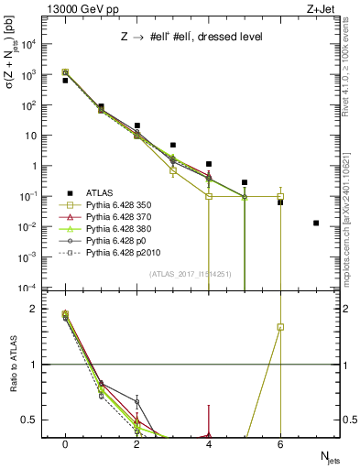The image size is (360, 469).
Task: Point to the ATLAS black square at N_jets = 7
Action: point(316,223)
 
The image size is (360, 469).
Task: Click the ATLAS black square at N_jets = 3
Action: point(173,145)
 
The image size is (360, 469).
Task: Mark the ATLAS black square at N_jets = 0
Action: point(65,81)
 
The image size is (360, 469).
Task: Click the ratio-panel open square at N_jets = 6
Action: point(280,327)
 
